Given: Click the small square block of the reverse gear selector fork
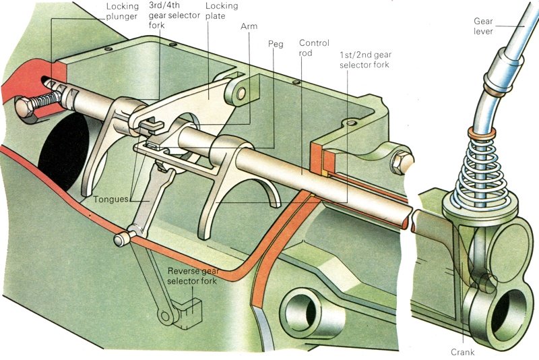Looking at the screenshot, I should point(185,312).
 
